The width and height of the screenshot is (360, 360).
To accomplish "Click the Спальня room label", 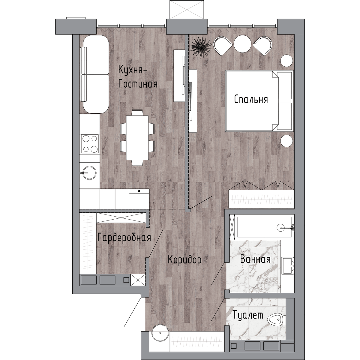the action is tap(251, 100).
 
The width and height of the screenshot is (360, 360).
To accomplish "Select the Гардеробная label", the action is tap(124, 238).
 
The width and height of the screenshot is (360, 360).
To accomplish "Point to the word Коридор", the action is tap(184, 260).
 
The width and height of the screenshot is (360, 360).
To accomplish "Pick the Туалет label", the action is tap(248, 315).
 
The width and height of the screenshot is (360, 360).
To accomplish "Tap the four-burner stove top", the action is tap(90, 144).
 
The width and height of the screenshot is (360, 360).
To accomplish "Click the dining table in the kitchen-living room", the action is tap(137, 138).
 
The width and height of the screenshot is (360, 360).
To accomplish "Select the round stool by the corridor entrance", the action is tap(160, 337).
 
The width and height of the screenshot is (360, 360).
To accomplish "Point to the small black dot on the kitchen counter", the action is tap(139, 191).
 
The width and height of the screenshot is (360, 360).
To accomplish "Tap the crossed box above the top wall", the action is tap(186, 9).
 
